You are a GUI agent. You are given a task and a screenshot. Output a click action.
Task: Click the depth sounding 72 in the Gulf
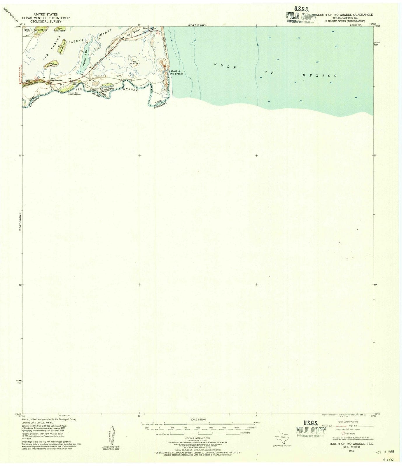pyautogui.click(x=269, y=38)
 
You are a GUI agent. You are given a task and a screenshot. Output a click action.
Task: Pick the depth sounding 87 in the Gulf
pyautogui.click(x=336, y=46)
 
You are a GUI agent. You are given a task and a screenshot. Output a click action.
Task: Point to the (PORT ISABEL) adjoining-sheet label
pyautogui.click(x=197, y=25)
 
